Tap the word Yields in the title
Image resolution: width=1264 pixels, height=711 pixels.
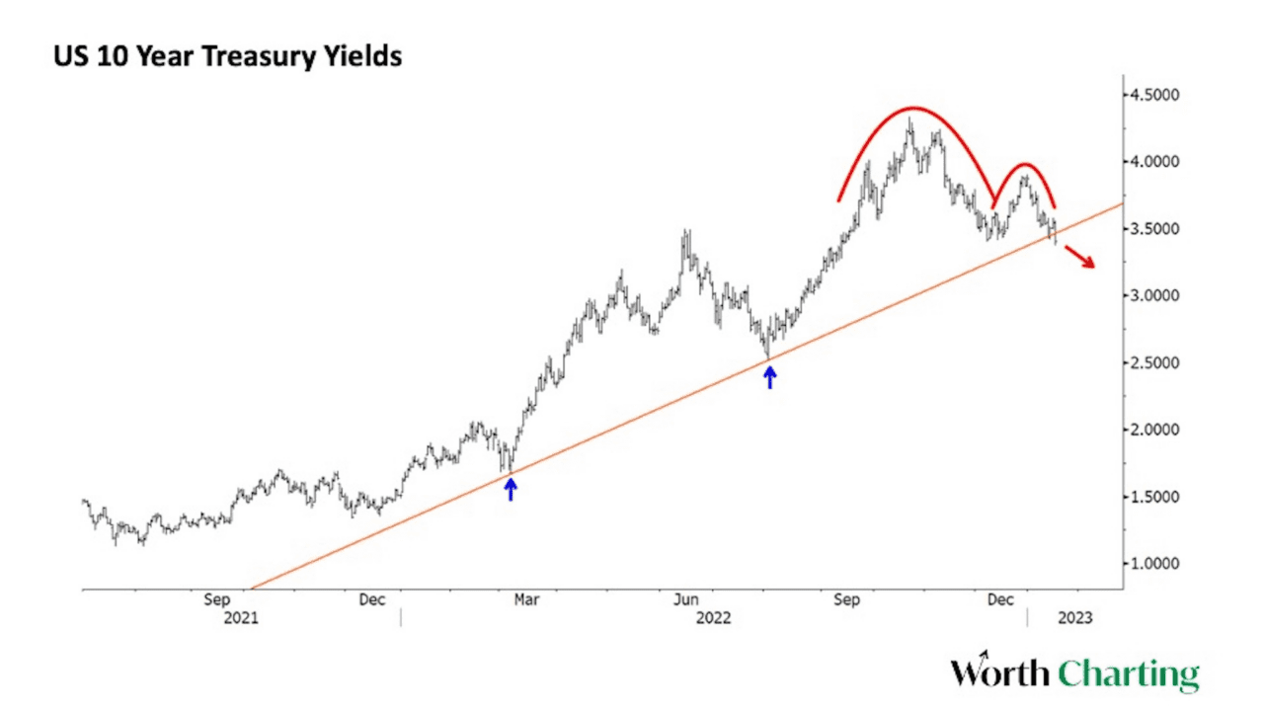point(362,56)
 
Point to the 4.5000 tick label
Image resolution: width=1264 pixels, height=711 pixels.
point(1155,95)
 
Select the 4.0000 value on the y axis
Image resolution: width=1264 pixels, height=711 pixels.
point(1155,162)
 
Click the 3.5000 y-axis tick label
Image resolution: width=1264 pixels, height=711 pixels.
point(1155,229)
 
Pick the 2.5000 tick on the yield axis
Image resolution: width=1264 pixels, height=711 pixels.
point(1155,363)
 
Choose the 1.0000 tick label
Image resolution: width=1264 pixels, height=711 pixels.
point(1155,564)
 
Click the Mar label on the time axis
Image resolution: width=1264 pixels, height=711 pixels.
point(527,599)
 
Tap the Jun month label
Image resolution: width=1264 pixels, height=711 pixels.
point(685,599)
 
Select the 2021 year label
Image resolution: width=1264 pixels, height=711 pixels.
point(241,619)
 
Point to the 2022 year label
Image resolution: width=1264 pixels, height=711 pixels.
point(714,619)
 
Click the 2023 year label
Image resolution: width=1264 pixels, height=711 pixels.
point(1075,619)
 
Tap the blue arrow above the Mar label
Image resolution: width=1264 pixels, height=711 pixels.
point(511,488)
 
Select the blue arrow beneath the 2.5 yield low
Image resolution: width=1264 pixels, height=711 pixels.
point(770,376)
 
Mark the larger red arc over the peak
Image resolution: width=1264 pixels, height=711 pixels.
point(913,110)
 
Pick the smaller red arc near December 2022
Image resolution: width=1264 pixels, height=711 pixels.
point(1025,166)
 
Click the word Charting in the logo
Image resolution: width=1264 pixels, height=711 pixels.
point(1129,674)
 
